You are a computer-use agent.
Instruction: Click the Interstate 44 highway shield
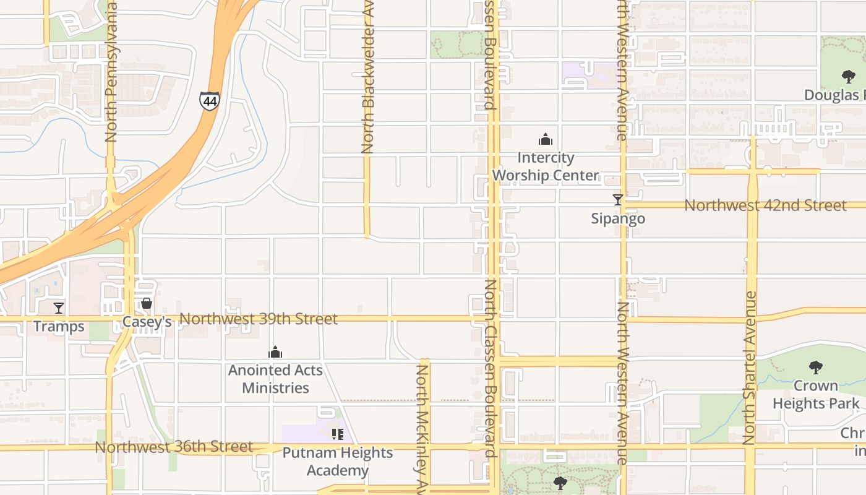coord(210,101)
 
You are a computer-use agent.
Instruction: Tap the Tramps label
coord(59,326)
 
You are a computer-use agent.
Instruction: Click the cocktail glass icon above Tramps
coord(59,308)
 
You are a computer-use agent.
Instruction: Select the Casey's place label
coord(147,322)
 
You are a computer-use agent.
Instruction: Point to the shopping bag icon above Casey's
coord(147,303)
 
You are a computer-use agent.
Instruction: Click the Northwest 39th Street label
coord(259,319)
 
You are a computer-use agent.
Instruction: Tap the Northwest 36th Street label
coord(174,447)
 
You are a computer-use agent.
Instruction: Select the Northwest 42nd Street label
coord(765,205)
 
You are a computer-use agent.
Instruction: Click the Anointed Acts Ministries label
coord(275,379)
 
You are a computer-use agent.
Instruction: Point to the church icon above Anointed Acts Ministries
coord(275,353)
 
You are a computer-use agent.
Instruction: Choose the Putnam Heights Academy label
coord(337,461)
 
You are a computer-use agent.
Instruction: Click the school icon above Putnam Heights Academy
coord(337,434)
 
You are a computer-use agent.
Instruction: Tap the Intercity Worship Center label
coord(545,166)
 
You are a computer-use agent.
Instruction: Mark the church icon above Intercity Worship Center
coord(545,139)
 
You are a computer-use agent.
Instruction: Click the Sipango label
coord(618,218)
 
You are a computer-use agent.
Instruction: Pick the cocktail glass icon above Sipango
coord(617,199)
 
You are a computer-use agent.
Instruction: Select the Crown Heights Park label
coord(816,394)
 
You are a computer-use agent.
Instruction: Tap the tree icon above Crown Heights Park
coord(816,367)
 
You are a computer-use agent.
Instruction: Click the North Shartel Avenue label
coord(750,368)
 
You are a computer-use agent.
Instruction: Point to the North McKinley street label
coord(422,427)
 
